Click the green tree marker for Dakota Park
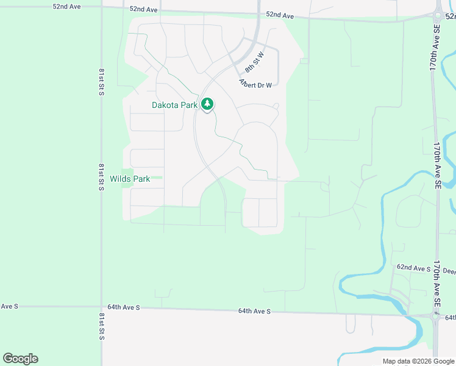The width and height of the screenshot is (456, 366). click(x=208, y=104)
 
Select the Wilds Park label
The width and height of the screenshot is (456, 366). click(x=130, y=179)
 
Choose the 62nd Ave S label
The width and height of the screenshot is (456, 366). click(x=414, y=268)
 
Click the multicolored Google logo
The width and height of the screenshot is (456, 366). click(x=20, y=359)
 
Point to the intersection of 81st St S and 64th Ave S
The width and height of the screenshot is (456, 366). click(x=102, y=307)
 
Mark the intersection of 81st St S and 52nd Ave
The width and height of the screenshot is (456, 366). click(x=102, y=7)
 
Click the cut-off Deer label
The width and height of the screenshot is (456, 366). click(x=449, y=271)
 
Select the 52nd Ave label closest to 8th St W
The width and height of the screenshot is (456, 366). click(x=280, y=14)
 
